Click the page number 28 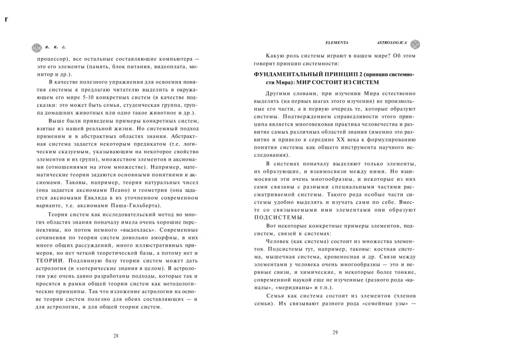(116, 336)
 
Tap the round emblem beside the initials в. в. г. (36, 48)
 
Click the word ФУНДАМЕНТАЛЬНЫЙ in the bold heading (289, 74)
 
